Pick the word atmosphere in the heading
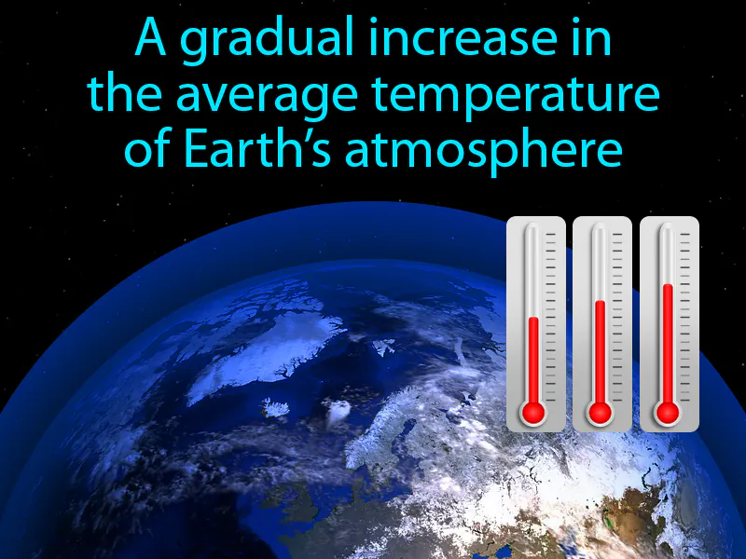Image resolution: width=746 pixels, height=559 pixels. coord(483,148)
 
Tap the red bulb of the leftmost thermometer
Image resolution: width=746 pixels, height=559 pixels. coord(533,411)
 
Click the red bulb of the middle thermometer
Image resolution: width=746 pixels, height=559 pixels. coord(600,411)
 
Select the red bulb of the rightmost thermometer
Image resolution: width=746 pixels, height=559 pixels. coord(667,411)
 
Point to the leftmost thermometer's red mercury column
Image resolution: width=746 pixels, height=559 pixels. coord(533,359)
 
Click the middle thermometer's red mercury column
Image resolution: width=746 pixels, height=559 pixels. coord(600,349)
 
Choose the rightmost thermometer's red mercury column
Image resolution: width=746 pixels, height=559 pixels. coord(667,340)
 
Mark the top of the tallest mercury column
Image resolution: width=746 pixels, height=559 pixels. coord(667,286)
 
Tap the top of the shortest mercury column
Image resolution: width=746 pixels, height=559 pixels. coord(533,319)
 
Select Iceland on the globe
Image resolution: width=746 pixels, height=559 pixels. coord(276,407)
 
